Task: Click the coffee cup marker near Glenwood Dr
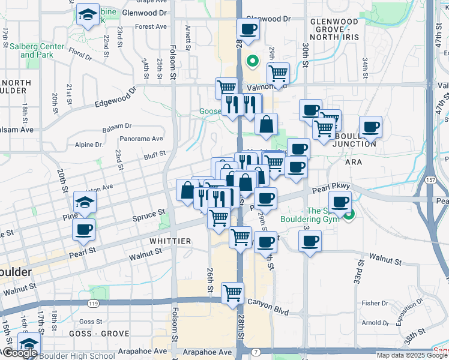click(248, 28)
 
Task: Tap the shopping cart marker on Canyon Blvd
click(232, 293)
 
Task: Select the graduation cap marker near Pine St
click(85, 202)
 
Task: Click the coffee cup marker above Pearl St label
click(83, 229)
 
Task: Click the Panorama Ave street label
click(142, 139)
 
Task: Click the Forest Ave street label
click(151, 26)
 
